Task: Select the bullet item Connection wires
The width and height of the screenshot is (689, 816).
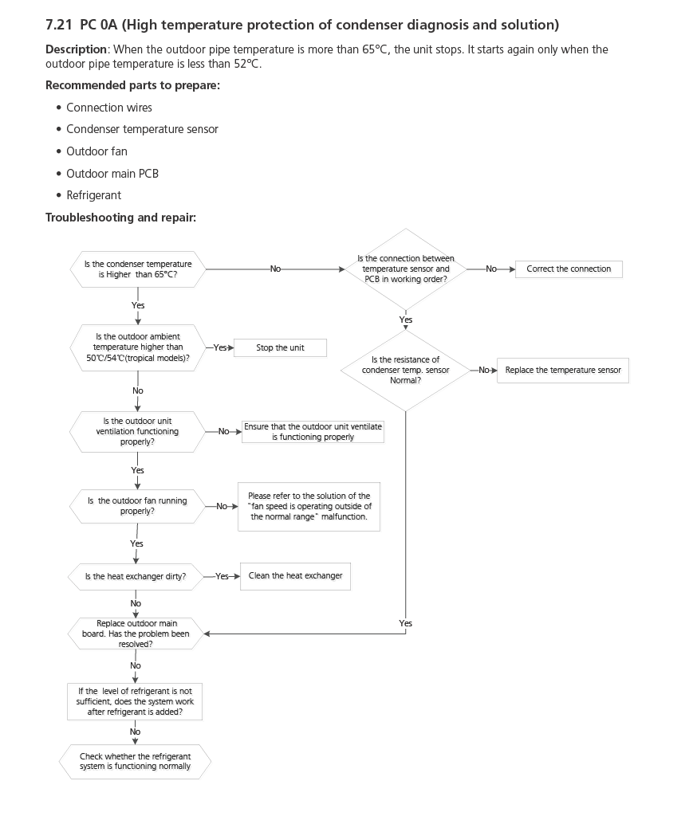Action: [x=108, y=108]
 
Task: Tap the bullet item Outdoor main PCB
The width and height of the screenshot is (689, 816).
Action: [x=112, y=173]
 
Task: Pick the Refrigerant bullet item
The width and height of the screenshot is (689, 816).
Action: [x=93, y=195]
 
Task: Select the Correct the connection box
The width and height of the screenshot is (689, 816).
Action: [x=569, y=269]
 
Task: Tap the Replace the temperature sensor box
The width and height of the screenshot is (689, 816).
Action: [x=563, y=371]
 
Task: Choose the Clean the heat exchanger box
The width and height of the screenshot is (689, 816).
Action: [x=295, y=576]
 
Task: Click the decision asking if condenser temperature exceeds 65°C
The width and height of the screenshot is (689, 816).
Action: [x=138, y=269]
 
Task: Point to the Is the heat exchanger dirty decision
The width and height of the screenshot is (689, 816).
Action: [x=136, y=576]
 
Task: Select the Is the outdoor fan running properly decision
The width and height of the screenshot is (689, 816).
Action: [x=137, y=506]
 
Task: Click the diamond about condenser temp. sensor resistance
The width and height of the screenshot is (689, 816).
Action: [x=405, y=370]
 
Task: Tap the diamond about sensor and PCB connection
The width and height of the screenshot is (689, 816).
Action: [x=406, y=269]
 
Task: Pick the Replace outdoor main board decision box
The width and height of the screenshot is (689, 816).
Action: [x=136, y=634]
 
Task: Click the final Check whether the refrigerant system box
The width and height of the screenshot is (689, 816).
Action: [x=136, y=761]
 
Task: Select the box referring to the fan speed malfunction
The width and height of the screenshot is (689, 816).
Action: [x=309, y=506]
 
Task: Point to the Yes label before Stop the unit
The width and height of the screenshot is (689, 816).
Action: [x=221, y=348]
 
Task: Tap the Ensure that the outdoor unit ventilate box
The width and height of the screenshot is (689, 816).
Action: [x=313, y=432]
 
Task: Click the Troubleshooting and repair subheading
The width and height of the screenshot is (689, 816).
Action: [x=120, y=218]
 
